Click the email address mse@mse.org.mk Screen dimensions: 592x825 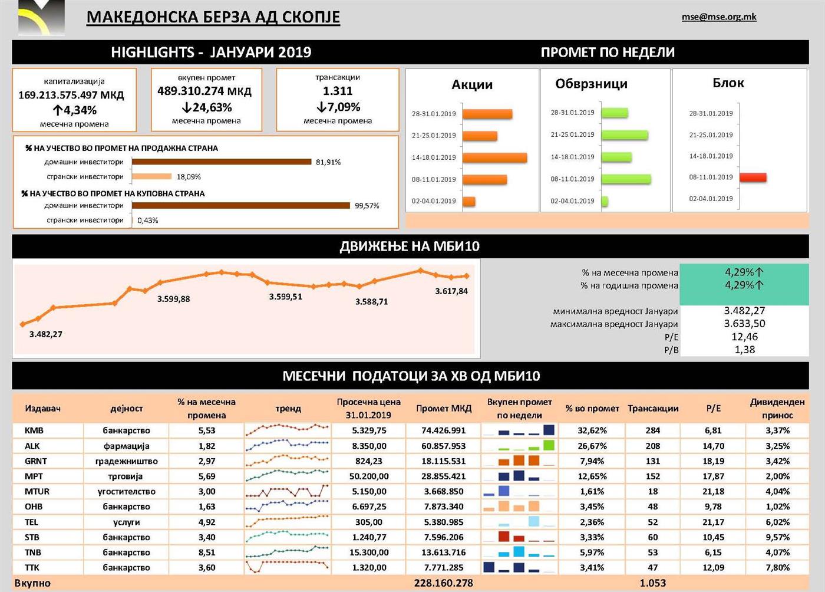tap(719, 17)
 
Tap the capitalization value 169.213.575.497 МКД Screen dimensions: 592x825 tap(71, 95)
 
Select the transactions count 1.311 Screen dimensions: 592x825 tap(338, 91)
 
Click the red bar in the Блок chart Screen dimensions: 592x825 tap(753, 177)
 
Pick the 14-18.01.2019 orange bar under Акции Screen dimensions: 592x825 tap(494, 157)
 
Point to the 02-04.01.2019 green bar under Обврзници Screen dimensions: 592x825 tap(605, 201)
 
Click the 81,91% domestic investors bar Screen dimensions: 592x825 tap(222, 162)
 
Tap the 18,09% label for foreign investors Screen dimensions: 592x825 tap(189, 176)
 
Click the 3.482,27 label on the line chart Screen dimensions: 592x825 tap(46, 334)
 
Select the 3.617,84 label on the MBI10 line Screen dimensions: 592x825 tap(451, 291)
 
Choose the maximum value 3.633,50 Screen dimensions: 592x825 tap(744, 324)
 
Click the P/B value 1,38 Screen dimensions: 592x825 tap(744, 350)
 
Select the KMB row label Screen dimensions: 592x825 tap(34, 430)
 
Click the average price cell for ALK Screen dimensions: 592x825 tap(369, 446)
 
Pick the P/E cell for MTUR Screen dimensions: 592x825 tap(713, 491)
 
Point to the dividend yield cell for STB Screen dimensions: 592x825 tap(777, 537)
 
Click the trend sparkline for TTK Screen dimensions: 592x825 tap(288, 567)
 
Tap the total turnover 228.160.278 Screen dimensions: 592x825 tap(443, 583)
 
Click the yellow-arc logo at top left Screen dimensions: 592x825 tap(41, 18)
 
